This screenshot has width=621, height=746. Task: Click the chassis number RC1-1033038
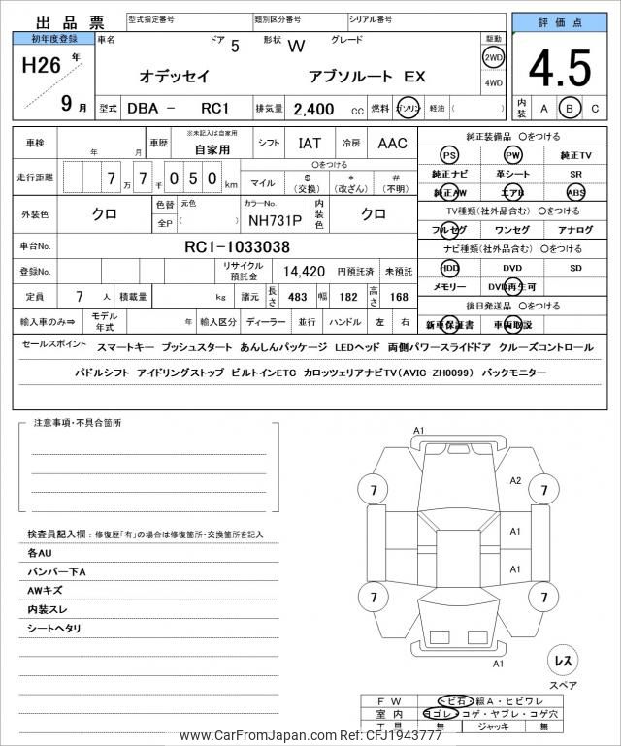(237, 246)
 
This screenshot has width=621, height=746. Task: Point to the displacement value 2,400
(313, 109)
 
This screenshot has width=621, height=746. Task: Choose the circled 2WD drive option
(493, 57)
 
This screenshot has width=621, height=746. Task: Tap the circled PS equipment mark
(449, 155)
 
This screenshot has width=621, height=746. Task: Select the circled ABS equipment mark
(575, 192)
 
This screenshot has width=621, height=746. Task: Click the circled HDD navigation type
(449, 267)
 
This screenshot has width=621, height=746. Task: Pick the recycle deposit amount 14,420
(304, 273)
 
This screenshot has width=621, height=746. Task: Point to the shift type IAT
(310, 144)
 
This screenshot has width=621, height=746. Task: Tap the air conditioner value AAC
(392, 144)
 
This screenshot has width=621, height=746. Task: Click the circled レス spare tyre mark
(563, 660)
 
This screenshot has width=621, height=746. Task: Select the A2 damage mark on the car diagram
(516, 481)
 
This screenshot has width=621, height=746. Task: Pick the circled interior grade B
(570, 109)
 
